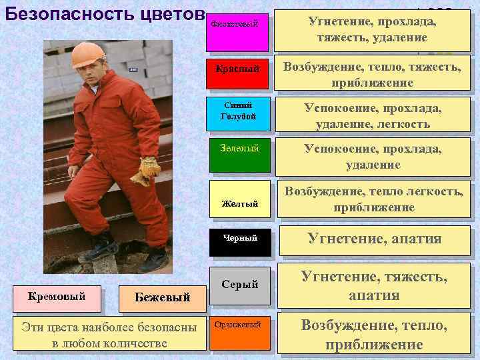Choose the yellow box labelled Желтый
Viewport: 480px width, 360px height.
click(x=239, y=199)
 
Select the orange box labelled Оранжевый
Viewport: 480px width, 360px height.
click(x=239, y=331)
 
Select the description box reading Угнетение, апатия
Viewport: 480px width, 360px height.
click(x=373, y=239)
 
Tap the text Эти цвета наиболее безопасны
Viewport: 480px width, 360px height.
click(x=109, y=327)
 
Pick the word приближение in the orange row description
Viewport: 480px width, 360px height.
click(x=373, y=344)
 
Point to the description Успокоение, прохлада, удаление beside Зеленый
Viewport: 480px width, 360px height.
click(x=373, y=156)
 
